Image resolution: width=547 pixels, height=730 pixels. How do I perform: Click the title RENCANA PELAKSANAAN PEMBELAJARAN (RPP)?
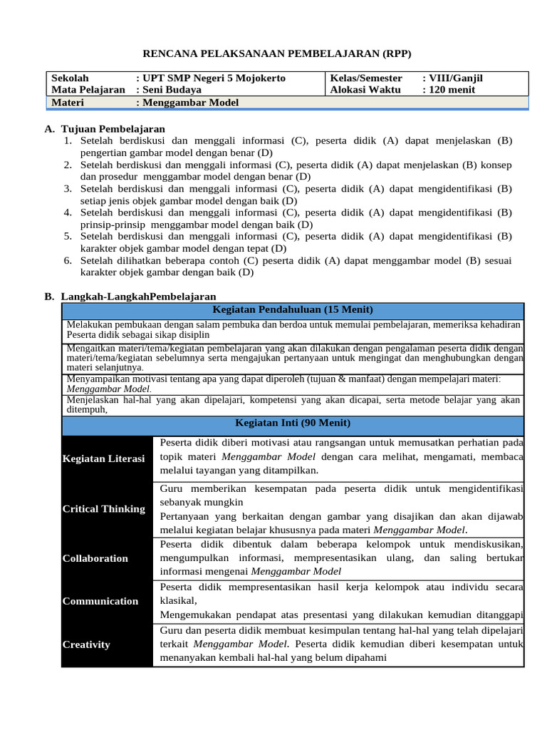point(277,53)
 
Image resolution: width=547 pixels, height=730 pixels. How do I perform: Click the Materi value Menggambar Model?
point(190,102)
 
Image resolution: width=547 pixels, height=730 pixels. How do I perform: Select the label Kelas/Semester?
point(366,78)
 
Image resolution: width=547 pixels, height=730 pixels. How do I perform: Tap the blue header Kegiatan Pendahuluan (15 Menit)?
point(293,309)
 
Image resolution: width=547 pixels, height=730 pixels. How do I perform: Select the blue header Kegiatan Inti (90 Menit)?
point(293,423)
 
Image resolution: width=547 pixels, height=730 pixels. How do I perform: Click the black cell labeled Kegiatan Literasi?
point(103,458)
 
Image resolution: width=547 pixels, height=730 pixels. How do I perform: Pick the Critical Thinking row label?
point(103,509)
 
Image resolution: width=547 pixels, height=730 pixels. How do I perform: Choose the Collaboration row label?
point(95,558)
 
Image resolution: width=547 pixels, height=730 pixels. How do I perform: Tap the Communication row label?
point(100,601)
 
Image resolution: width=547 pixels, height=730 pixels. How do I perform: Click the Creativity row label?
point(86,644)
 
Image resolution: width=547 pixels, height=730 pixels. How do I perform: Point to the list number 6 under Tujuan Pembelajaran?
point(67,260)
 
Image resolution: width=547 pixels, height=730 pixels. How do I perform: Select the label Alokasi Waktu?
point(365,89)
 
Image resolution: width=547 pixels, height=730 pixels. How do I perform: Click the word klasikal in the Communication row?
point(178,601)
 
